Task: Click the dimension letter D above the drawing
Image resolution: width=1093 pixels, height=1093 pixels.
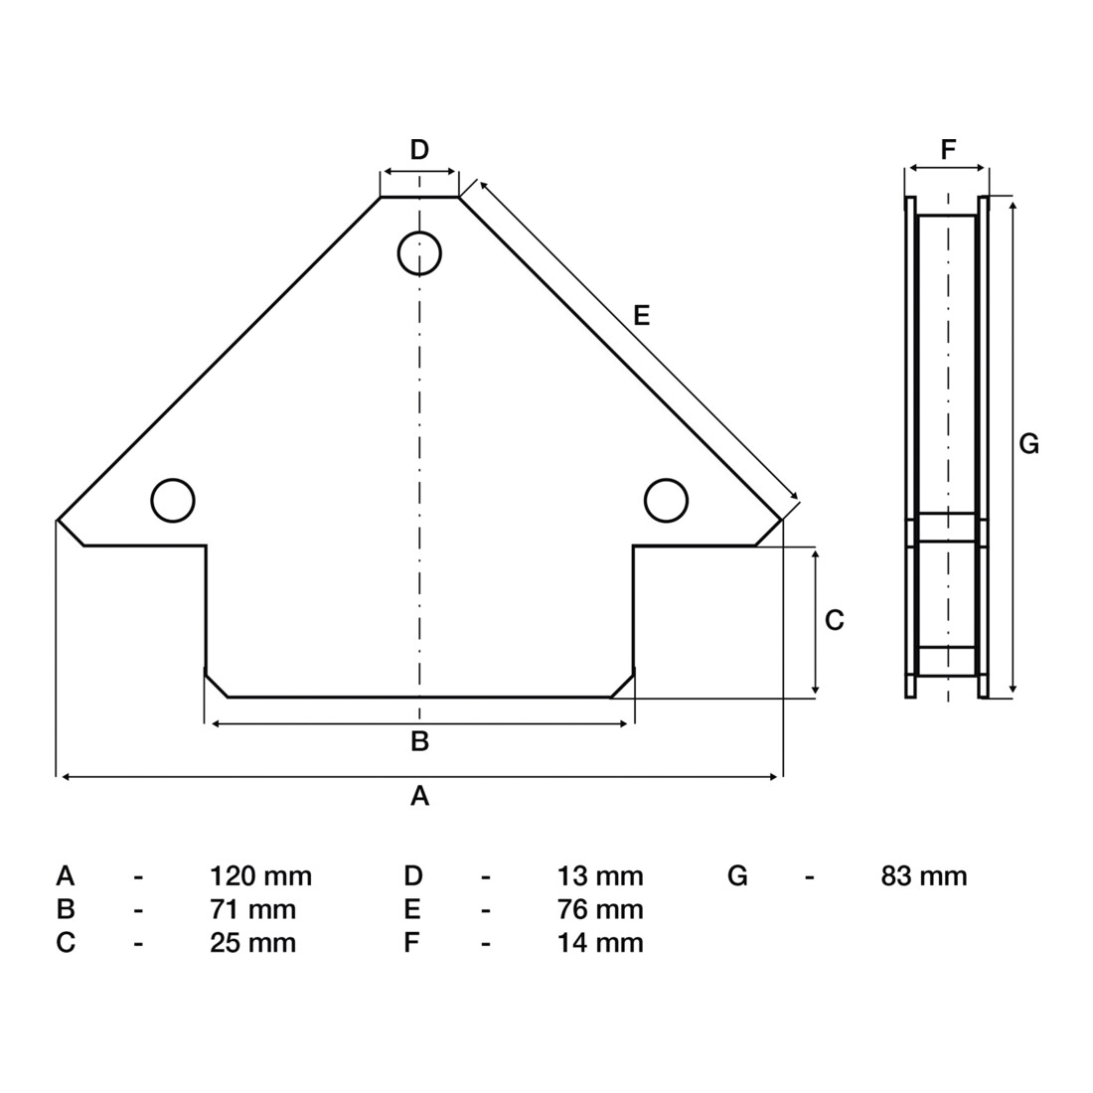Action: pos(419,149)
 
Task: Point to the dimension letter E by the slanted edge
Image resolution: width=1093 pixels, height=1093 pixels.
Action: pos(641,316)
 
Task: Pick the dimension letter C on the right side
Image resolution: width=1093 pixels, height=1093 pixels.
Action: pos(835,620)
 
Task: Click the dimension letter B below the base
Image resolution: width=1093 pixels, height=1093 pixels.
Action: pos(419,741)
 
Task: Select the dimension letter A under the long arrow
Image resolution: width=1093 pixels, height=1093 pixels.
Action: pos(419,795)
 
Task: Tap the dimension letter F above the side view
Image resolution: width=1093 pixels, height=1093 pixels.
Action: pos(948,149)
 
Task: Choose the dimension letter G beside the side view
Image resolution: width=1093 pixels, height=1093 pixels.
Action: pos(1028,443)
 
